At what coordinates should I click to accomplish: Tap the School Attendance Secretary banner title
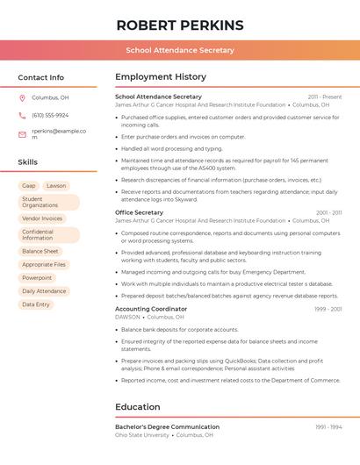179,50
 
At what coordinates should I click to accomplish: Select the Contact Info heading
40,77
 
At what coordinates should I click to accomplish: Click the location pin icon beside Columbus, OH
22,98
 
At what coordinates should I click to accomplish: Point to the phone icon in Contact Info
22,115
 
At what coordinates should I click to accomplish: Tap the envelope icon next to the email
22,134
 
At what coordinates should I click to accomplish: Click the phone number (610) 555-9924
50,115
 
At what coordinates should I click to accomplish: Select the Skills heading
27,162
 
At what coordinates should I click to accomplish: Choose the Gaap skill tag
29,186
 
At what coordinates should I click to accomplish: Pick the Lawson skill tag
56,186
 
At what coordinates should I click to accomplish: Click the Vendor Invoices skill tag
42,218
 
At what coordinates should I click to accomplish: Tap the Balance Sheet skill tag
40,251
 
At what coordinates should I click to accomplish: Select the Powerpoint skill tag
37,277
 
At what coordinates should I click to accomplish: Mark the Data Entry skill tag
36,304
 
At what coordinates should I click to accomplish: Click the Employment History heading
161,77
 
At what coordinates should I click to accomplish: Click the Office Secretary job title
139,212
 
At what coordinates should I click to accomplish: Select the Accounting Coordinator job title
151,309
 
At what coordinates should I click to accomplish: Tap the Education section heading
137,407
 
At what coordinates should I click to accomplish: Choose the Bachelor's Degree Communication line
167,427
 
